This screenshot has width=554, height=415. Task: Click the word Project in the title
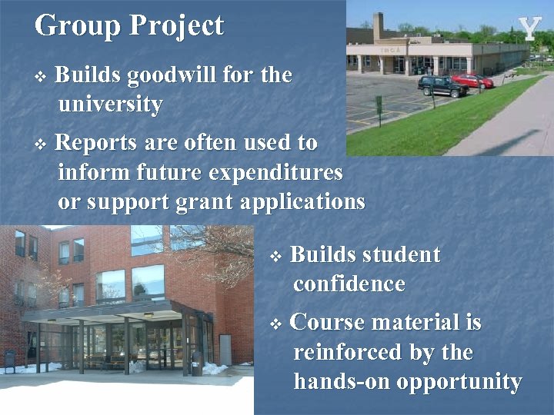176,25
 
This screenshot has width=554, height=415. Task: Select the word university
110,104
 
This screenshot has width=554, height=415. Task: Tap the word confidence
349,284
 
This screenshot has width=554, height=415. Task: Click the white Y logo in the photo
530,28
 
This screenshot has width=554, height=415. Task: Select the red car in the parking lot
472,81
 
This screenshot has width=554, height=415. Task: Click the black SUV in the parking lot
442,85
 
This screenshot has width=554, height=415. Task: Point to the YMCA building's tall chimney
378,26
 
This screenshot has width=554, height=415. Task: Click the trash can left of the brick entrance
10,360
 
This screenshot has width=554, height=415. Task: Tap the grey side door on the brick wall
225,349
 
